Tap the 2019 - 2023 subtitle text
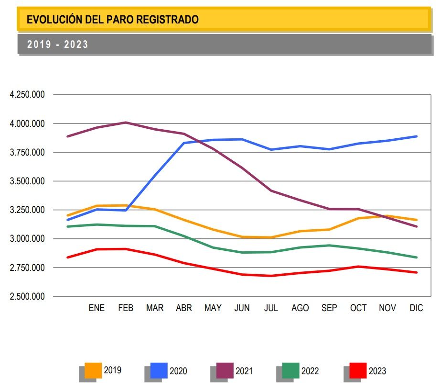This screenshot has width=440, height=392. point(57,45)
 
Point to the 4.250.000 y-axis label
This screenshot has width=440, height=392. point(27,94)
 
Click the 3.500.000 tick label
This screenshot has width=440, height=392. point(27,181)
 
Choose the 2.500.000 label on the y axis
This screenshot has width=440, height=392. point(27,296)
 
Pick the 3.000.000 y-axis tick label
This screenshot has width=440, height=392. point(27,238)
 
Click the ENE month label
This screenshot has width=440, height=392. point(97,308)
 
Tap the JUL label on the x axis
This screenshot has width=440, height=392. point(271,308)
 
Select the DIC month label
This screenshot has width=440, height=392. point(417,308)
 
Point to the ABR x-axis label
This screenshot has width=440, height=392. point(184,308)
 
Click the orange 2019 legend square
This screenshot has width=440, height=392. point(93,370)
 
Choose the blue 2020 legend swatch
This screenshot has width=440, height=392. point(159,370)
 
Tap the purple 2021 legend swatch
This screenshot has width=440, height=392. point(225,370)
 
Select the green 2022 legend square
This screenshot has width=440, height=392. point(291,370)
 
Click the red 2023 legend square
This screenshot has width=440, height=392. point(358,370)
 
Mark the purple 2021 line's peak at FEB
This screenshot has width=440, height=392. point(126,123)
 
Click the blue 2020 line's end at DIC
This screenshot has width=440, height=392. point(417,136)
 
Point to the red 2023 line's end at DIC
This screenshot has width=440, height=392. point(417,272)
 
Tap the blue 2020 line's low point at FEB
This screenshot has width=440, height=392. point(126,210)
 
